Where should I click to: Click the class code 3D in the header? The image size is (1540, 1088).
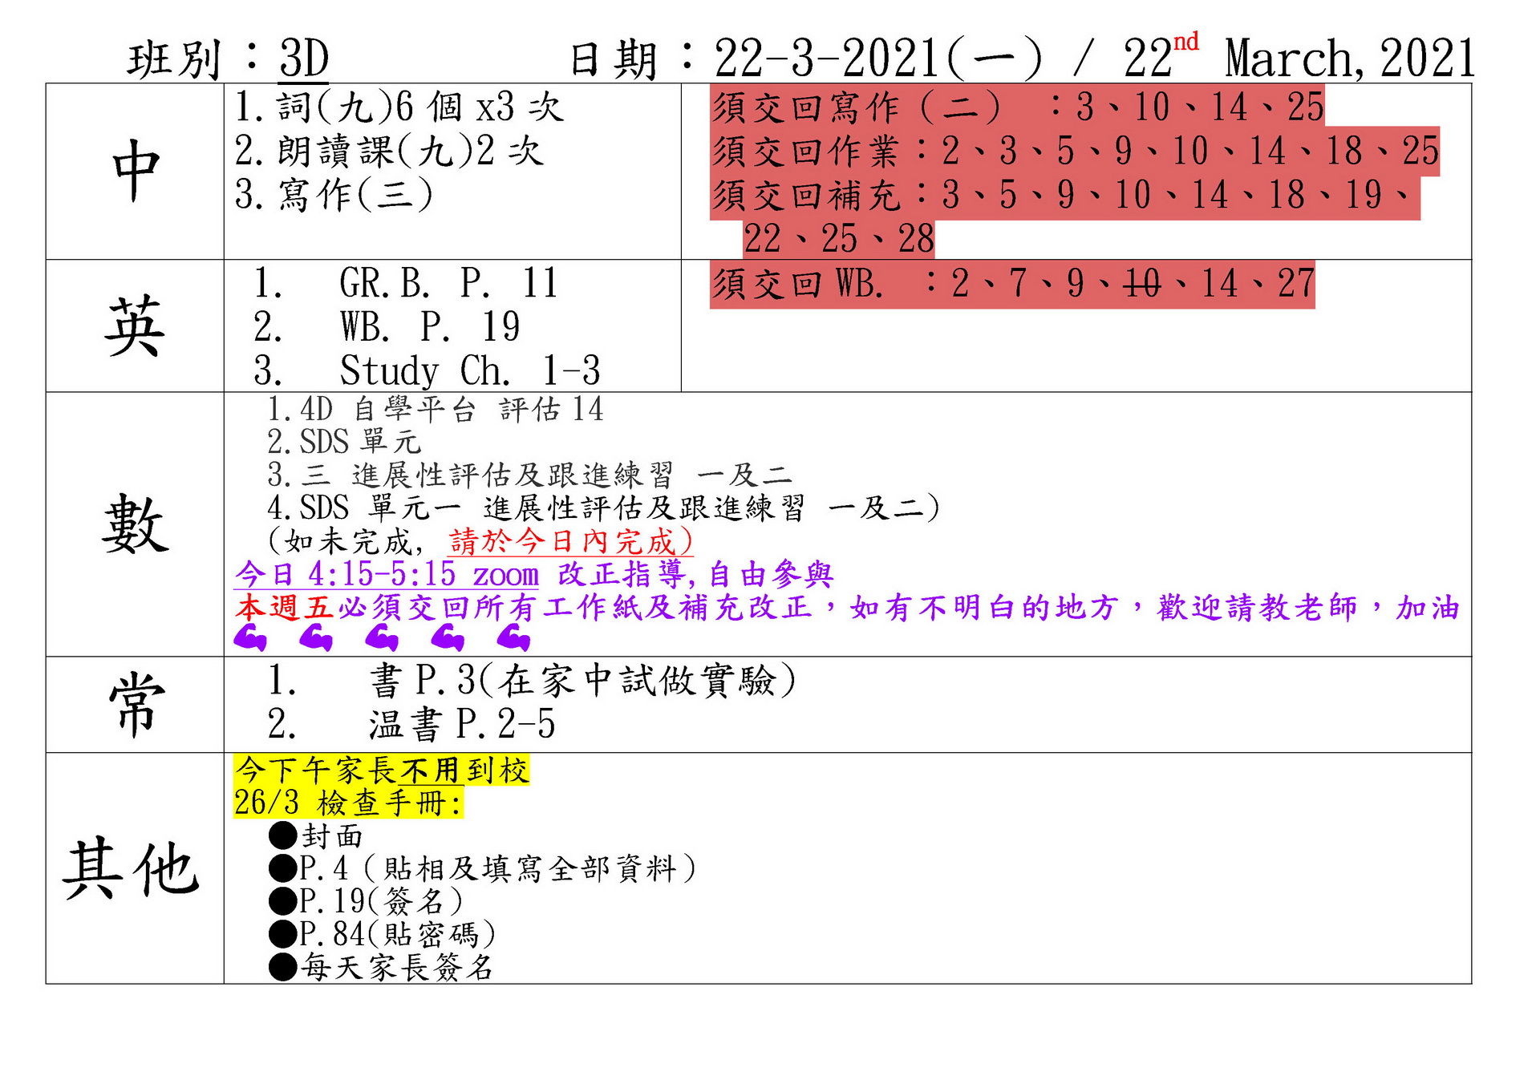coord(304,59)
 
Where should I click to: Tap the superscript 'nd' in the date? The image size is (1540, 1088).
coord(1186,42)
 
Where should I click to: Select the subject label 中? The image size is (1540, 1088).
coord(136,170)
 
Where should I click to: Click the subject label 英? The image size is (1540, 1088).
coord(135,326)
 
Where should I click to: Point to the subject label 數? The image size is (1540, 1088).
coord(136,524)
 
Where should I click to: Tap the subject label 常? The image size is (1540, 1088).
coord(136,704)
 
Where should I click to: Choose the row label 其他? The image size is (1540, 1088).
coord(132,868)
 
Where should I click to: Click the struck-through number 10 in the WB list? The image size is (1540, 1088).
coord(1142,283)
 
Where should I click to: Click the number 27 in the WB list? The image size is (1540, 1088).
coord(1296,283)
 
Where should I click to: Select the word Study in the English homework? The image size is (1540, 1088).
coord(389,371)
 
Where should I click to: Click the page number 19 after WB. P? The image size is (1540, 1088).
coord(501,327)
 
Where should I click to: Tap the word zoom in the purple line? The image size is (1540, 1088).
coord(505,575)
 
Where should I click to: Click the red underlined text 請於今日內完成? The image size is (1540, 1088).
coord(570,541)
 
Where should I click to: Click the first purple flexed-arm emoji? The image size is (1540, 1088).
coord(249,638)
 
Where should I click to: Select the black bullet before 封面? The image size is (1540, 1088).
coord(283,835)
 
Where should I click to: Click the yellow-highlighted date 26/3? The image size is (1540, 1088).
coord(266,803)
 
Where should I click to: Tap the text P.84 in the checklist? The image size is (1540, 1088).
coord(332,934)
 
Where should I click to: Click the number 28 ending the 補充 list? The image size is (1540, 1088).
coord(916,239)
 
